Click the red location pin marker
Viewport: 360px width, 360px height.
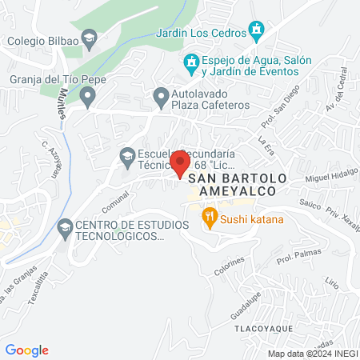pyautogui.click(x=179, y=166)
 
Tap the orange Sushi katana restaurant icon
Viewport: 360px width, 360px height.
pyautogui.click(x=209, y=215)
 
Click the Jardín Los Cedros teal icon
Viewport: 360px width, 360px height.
pyautogui.click(x=256, y=33)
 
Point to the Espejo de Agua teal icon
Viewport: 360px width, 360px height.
pyautogui.click(x=191, y=61)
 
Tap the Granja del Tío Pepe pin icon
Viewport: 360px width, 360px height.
pyautogui.click(x=88, y=97)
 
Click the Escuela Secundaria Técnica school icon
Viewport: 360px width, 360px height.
pyautogui.click(x=126, y=155)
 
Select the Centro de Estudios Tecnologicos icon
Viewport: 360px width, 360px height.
pyautogui.click(x=64, y=228)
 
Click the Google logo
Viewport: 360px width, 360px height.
pyautogui.click(x=26, y=350)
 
